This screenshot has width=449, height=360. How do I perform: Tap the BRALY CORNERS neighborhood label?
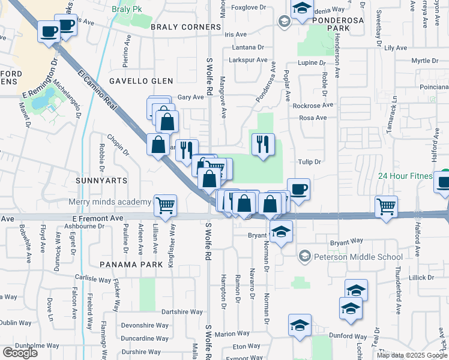pyautogui.click(x=186, y=27)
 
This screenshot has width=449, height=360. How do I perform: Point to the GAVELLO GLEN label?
pyautogui.click(x=141, y=81)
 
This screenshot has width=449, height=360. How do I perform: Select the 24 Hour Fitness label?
pyautogui.click(x=405, y=176)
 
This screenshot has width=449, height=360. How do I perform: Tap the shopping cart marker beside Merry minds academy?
pyautogui.click(x=165, y=206)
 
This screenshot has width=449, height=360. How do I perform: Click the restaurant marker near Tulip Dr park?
pyautogui.click(x=263, y=145)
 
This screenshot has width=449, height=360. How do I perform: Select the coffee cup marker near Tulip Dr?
pyautogui.click(x=298, y=190)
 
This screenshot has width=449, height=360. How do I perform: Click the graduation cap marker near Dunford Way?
pyautogui.click(x=300, y=326)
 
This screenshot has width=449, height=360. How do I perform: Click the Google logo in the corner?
pyautogui.click(x=20, y=353)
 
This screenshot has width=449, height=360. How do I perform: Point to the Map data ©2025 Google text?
pyautogui.click(x=411, y=355)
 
